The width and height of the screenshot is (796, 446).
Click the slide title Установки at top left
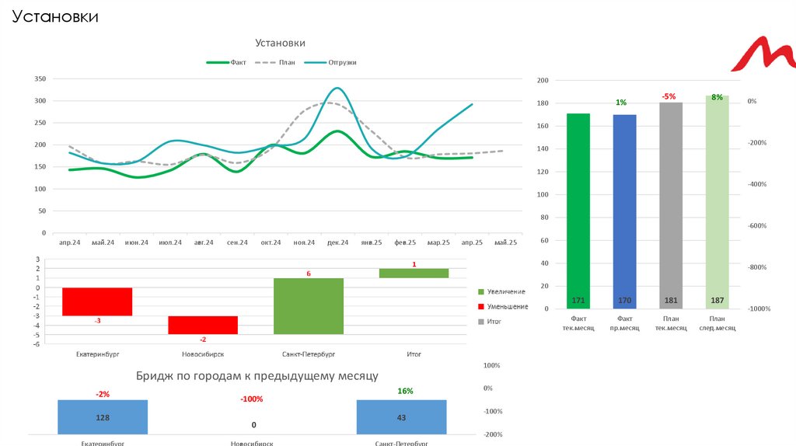[54, 16]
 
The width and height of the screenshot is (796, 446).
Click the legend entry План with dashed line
[287, 62]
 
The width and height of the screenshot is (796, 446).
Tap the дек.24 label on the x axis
[338, 242]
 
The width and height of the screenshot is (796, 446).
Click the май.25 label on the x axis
[505, 242]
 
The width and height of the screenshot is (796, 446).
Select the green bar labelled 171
[578, 210]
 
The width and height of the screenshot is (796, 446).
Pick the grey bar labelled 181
[671, 205]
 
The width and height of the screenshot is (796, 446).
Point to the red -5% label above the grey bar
[669, 96]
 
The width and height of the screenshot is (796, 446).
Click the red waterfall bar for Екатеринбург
[97, 301]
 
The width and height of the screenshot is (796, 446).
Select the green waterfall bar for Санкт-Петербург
[309, 306]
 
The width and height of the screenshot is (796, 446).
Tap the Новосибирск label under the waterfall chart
[203, 354]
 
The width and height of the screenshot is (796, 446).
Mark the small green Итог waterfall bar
[414, 273]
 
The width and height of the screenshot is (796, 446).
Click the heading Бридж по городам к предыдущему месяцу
[257, 376]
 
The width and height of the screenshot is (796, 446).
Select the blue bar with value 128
[103, 417]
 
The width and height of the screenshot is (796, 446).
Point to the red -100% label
[251, 399]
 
